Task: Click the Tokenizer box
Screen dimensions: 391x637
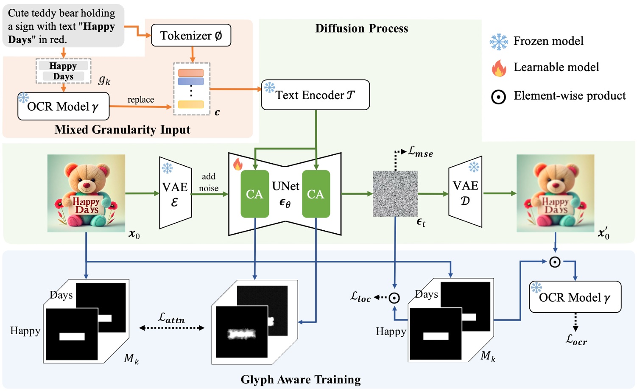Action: [x=191, y=36]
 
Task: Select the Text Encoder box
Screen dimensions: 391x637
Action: [x=315, y=95]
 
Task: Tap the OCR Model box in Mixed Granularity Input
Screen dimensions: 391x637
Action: [x=64, y=106]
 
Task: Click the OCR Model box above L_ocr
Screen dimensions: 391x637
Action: [x=575, y=297]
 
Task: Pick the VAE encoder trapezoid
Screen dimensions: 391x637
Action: [x=175, y=193]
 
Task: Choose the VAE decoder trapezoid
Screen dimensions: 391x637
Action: [x=465, y=193]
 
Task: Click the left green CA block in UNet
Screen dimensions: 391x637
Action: [x=254, y=194]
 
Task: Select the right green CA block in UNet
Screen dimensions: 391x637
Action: [x=316, y=194]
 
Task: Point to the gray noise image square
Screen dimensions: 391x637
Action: [x=395, y=194]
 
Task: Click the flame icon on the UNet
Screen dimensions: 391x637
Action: [x=238, y=164]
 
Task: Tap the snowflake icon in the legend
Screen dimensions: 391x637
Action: [x=499, y=42]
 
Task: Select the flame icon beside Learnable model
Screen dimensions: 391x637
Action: [x=499, y=68]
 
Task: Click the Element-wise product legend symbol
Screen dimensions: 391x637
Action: [x=498, y=97]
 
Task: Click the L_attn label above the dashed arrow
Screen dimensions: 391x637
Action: [x=171, y=318]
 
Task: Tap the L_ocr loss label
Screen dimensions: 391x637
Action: [x=576, y=340]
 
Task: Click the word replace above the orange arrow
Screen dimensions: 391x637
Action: [x=141, y=100]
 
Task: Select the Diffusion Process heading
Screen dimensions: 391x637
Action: [x=361, y=28]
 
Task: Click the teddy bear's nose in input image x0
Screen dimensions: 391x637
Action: [x=87, y=185]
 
